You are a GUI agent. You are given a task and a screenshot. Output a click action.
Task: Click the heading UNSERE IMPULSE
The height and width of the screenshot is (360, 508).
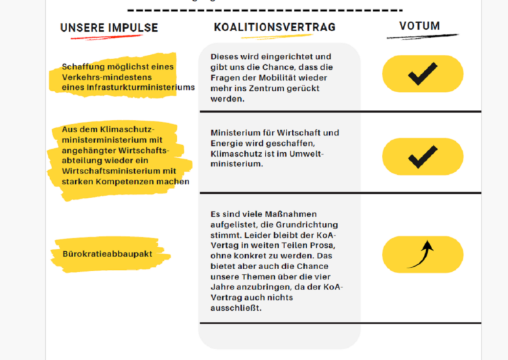click(x=109, y=28)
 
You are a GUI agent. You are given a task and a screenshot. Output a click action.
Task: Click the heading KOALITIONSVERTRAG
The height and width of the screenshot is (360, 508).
click(x=274, y=27)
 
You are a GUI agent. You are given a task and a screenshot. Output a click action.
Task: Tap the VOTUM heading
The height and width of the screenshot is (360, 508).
click(x=419, y=26)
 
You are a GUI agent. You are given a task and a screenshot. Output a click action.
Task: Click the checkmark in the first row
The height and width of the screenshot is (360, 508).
click(x=423, y=74)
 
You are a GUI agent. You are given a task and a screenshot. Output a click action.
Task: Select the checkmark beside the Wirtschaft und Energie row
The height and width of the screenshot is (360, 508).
click(x=423, y=157)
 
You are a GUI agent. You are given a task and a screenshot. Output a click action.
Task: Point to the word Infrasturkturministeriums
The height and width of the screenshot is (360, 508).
click(x=150, y=87)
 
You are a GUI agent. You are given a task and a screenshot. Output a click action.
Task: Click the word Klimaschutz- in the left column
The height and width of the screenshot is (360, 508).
click(x=129, y=129)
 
